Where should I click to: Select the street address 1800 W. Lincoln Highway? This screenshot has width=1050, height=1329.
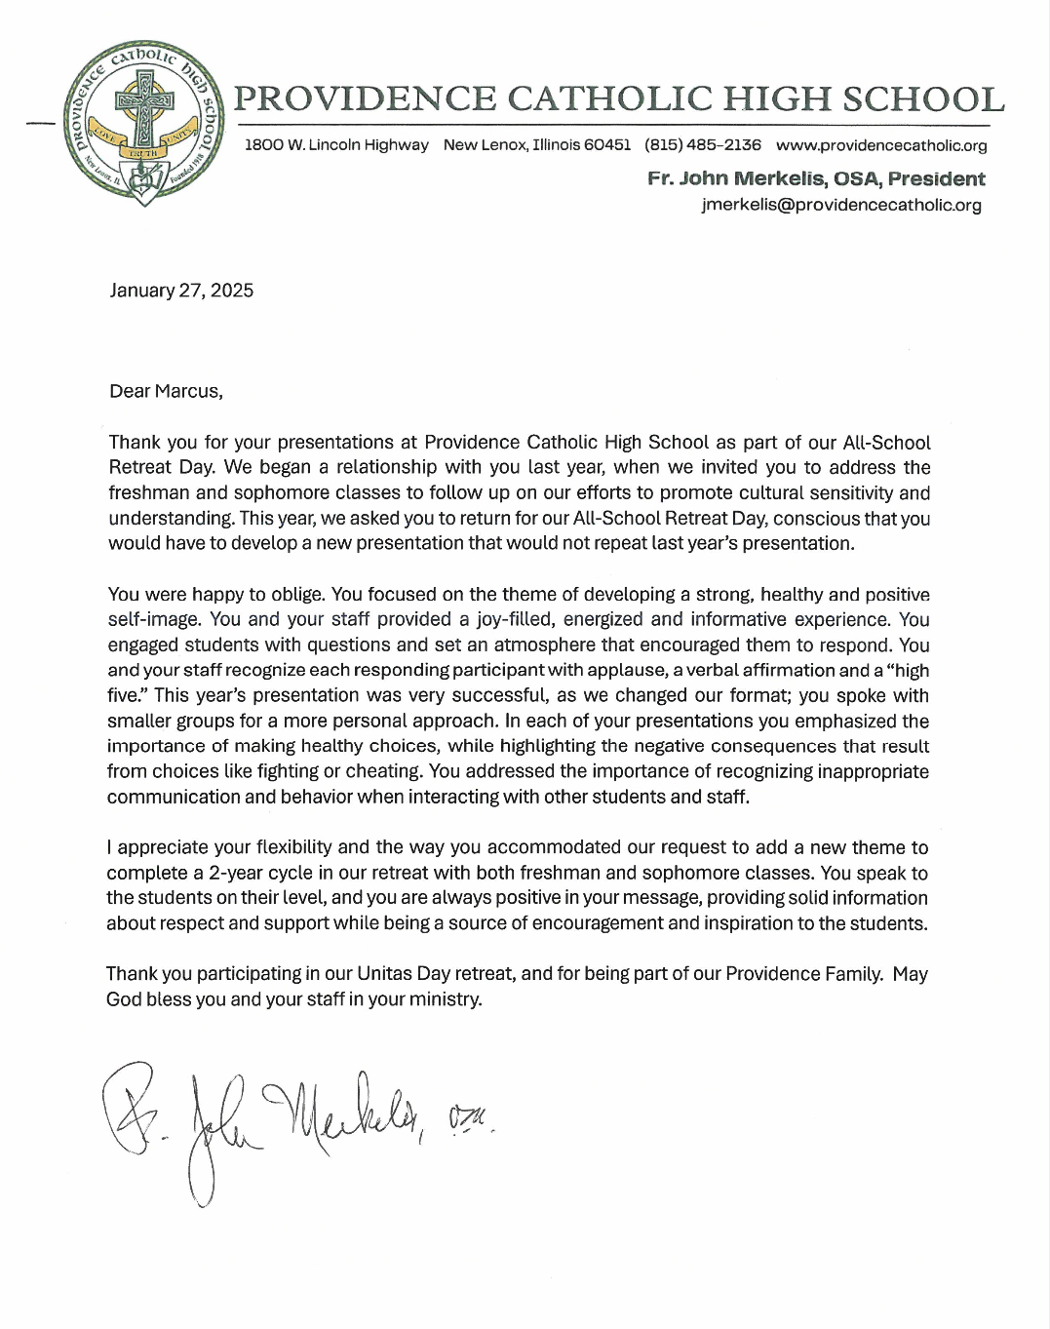point(336,145)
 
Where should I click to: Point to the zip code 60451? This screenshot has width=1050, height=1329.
point(607,145)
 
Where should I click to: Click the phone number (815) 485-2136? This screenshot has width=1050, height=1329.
point(703,145)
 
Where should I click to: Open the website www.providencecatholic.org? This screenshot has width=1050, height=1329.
point(881,145)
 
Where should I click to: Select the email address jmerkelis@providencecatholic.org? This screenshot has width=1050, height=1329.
point(841,205)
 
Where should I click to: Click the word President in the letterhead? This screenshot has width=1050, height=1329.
point(937,178)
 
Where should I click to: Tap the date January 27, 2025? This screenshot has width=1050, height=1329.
point(181,291)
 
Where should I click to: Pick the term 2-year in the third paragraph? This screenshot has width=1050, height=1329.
point(237,873)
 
